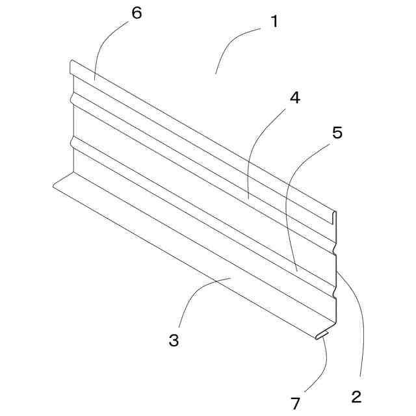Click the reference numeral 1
point(274,21)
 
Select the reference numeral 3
point(174,340)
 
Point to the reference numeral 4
point(294,98)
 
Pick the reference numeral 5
point(337,133)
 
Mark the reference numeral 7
point(296,403)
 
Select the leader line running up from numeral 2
point(359,325)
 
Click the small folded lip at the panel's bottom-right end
point(323,334)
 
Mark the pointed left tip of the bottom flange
point(55,185)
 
